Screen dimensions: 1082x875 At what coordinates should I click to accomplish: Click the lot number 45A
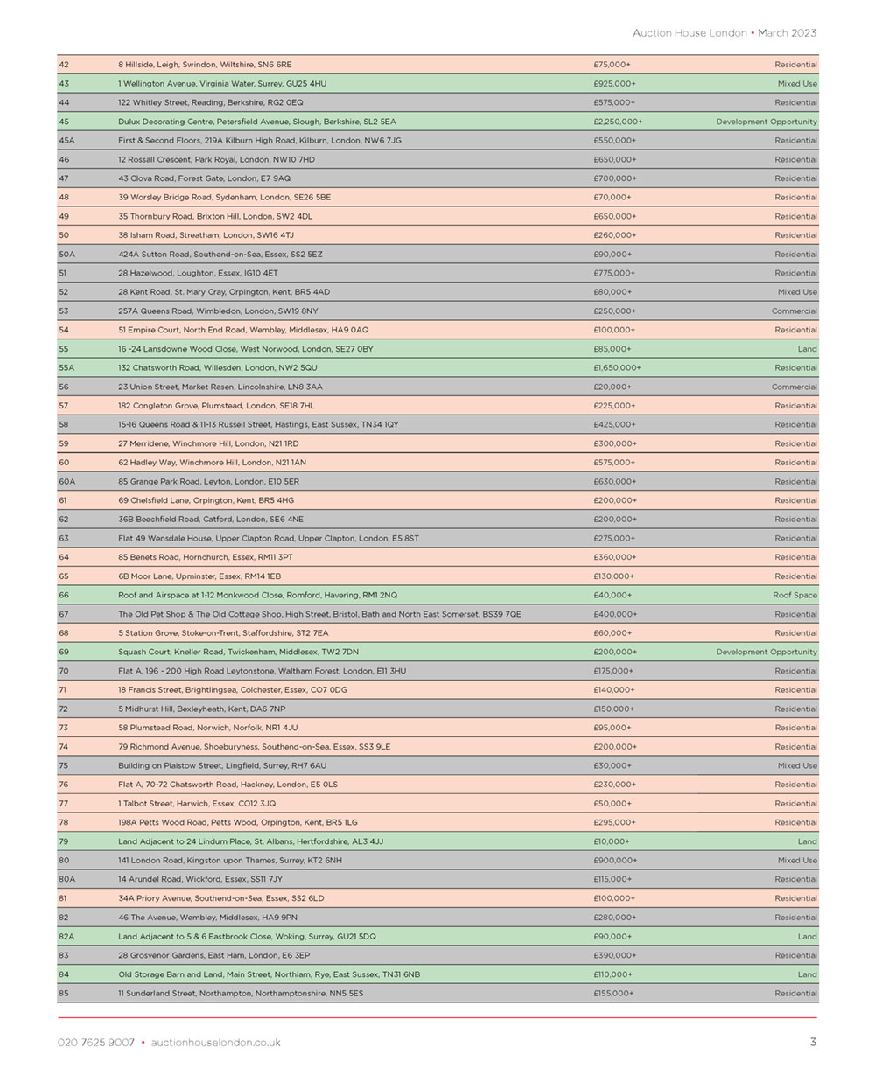click(66, 141)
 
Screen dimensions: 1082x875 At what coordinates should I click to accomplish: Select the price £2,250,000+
click(618, 122)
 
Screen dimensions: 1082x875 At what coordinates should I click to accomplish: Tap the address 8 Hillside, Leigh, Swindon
click(205, 65)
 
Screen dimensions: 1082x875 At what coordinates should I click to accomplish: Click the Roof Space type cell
click(794, 596)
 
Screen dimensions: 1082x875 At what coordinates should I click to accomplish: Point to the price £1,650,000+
click(617, 368)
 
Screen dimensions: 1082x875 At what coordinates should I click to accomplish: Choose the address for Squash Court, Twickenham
click(238, 653)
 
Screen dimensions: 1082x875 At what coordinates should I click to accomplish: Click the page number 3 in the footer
click(813, 1042)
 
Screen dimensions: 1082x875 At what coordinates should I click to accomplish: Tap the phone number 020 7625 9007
click(96, 1043)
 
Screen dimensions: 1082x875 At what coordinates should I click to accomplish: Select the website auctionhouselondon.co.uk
click(215, 1043)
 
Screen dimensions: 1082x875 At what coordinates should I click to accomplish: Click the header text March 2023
click(787, 33)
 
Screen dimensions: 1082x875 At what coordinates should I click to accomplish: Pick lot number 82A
click(66, 937)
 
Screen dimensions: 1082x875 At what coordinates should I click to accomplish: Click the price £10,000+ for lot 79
click(612, 842)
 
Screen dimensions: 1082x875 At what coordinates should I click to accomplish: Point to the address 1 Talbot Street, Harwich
click(197, 804)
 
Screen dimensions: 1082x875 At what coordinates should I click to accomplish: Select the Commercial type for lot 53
click(794, 311)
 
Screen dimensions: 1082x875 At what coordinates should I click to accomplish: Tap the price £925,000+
click(614, 84)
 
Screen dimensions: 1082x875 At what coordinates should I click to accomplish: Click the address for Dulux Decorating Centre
click(256, 122)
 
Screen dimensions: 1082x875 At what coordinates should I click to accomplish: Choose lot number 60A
click(66, 482)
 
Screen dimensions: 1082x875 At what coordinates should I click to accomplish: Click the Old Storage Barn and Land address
click(269, 974)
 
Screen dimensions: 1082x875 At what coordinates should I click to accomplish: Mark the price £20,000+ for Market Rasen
click(612, 387)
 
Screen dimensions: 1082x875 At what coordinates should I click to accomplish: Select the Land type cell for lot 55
click(807, 349)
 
